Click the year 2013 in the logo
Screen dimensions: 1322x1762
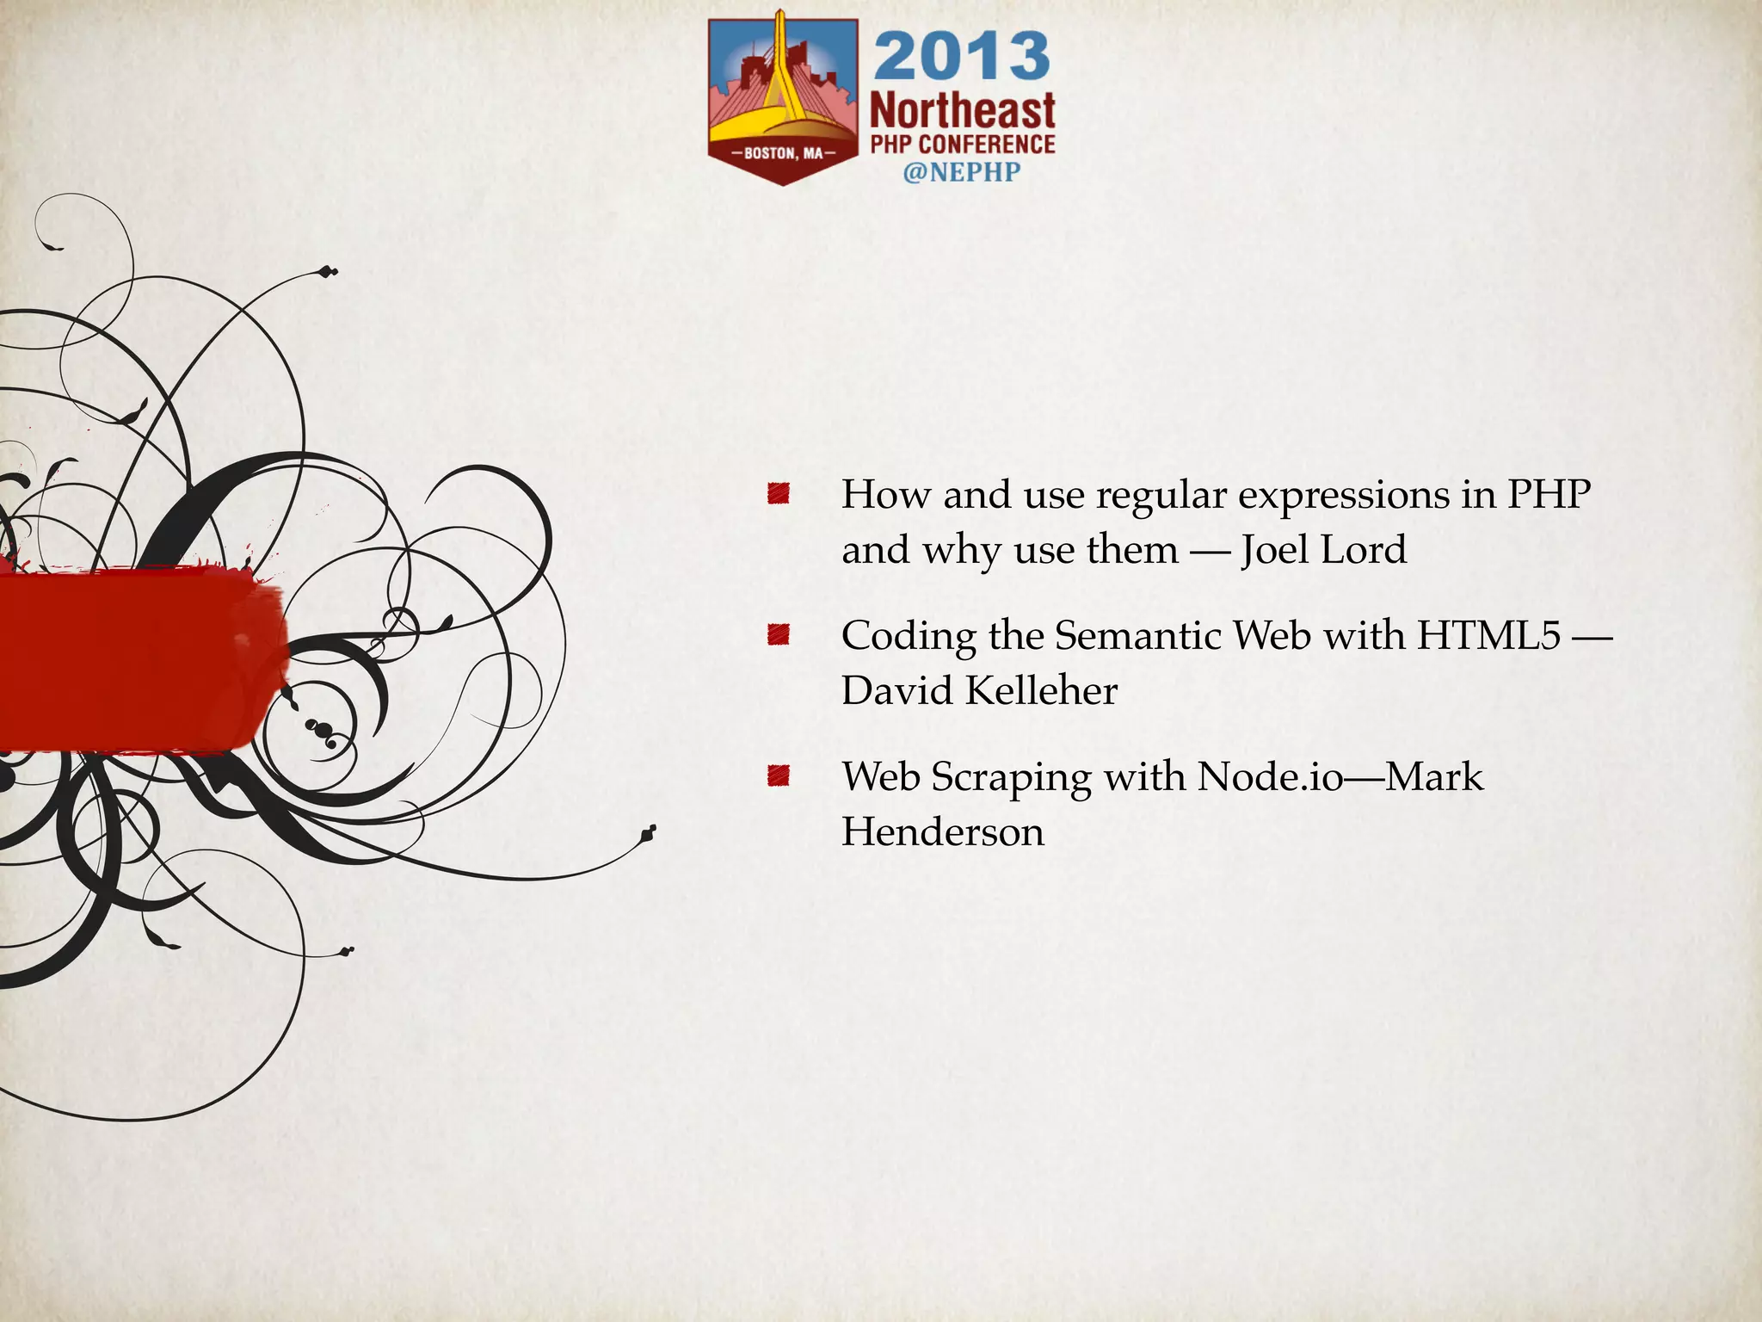(x=962, y=57)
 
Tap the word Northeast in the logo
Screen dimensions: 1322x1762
(x=962, y=112)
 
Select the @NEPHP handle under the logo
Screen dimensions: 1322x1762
(x=961, y=171)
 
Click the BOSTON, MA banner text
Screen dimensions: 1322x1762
(x=783, y=153)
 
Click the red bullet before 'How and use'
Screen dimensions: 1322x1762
(x=779, y=494)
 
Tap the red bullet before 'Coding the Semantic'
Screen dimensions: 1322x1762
(x=779, y=635)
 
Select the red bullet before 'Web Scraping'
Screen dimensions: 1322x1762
(x=779, y=776)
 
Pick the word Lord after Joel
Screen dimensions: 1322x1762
(x=1364, y=549)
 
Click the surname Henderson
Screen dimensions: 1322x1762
(x=943, y=831)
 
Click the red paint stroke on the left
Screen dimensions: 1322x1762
(x=138, y=658)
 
